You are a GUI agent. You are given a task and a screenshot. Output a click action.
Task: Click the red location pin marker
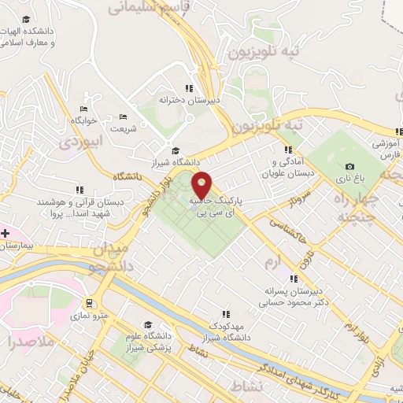(203, 184)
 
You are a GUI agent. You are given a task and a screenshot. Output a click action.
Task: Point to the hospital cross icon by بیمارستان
(5, 233)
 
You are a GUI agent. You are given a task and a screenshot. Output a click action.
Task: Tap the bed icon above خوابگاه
(83, 109)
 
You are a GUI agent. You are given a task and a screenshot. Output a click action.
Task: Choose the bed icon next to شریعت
(122, 116)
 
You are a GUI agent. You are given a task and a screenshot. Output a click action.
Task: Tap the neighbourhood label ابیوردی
(82, 142)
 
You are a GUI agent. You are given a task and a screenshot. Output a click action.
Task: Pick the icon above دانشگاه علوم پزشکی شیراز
(147, 324)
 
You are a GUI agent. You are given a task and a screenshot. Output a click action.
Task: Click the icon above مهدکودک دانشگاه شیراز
(226, 313)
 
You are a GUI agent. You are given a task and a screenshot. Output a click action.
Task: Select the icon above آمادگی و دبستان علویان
(287, 149)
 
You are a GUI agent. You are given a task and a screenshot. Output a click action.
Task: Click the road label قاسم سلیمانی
(142, 7)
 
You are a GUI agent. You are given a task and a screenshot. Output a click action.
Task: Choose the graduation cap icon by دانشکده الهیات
(26, 19)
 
